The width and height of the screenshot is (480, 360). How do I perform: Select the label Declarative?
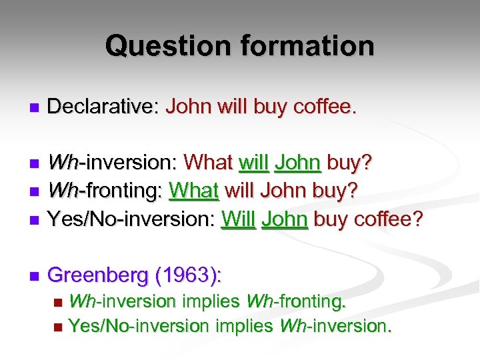point(103,106)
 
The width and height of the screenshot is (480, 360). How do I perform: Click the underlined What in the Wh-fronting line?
point(194,191)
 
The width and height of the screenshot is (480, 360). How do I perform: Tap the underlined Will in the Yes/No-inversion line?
point(238,219)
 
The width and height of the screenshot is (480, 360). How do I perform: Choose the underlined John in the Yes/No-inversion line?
point(285,219)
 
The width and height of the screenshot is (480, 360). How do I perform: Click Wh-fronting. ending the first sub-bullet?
point(296,301)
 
